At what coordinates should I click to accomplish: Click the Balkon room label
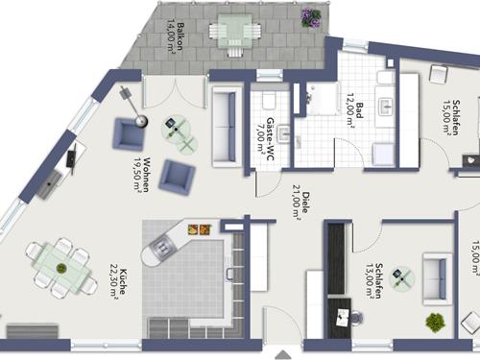pyautogui.click(x=180, y=36)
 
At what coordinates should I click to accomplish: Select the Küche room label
pyautogui.click(x=123, y=282)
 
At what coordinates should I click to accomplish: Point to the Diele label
pyautogui.click(x=306, y=203)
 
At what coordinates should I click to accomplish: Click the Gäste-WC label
pyautogui.click(x=270, y=140)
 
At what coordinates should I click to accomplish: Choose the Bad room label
pyautogui.click(x=360, y=110)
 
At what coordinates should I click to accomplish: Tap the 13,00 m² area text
pyautogui.click(x=371, y=281)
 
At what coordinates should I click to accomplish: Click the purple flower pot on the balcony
pyautogui.click(x=311, y=17)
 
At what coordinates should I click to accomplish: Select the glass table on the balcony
pyautogui.click(x=235, y=31)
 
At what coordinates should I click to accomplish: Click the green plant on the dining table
pyautogui.click(x=60, y=268)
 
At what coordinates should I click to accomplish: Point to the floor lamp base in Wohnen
pyautogui.click(x=141, y=121)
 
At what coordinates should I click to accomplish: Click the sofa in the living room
pyautogui.click(x=226, y=127)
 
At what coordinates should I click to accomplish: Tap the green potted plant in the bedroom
pyautogui.click(x=435, y=323)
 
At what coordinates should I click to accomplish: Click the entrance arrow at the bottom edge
pyautogui.click(x=283, y=355)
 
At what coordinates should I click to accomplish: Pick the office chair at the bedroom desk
pyautogui.click(x=356, y=318)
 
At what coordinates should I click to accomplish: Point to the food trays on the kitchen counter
pyautogui.click(x=200, y=229)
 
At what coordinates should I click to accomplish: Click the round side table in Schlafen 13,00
pyautogui.click(x=402, y=278)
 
